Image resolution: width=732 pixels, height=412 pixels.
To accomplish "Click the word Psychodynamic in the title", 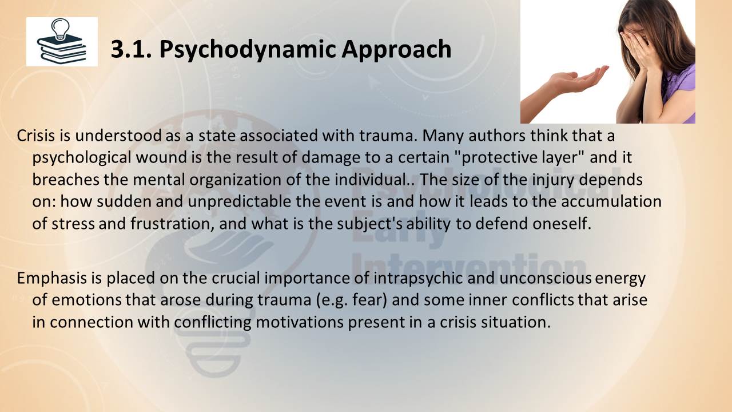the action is (x=248, y=50).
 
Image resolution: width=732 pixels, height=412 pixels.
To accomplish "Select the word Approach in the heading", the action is (x=396, y=50).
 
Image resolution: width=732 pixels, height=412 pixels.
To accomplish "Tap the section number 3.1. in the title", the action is (x=132, y=49).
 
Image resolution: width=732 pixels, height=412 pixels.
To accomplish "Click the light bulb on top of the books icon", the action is (x=61, y=29).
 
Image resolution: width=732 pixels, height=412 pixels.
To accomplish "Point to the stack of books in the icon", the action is (x=62, y=49).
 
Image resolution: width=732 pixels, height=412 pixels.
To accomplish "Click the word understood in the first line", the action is (x=118, y=136).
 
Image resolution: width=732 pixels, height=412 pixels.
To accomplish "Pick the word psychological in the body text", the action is (x=82, y=158).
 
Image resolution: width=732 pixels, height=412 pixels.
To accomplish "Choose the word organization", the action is (x=235, y=180).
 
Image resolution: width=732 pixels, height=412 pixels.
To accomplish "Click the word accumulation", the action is (x=611, y=201).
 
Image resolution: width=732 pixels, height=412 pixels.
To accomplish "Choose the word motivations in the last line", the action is (x=299, y=322).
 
